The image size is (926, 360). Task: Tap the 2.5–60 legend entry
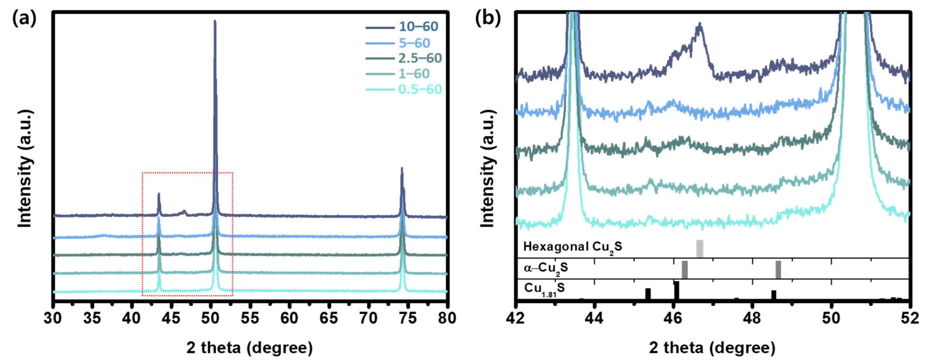420,58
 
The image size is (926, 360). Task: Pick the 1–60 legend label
414,74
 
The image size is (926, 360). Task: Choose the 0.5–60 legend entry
420,89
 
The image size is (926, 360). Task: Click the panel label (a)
24,18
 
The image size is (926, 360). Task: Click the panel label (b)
488,18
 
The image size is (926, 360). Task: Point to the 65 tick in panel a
328,318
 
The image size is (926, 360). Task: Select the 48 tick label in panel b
752,318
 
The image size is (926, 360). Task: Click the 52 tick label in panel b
909,318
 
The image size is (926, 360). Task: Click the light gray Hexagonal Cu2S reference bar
699,248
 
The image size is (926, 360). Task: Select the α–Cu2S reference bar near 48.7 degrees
778,269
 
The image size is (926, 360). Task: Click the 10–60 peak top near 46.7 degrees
699,25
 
